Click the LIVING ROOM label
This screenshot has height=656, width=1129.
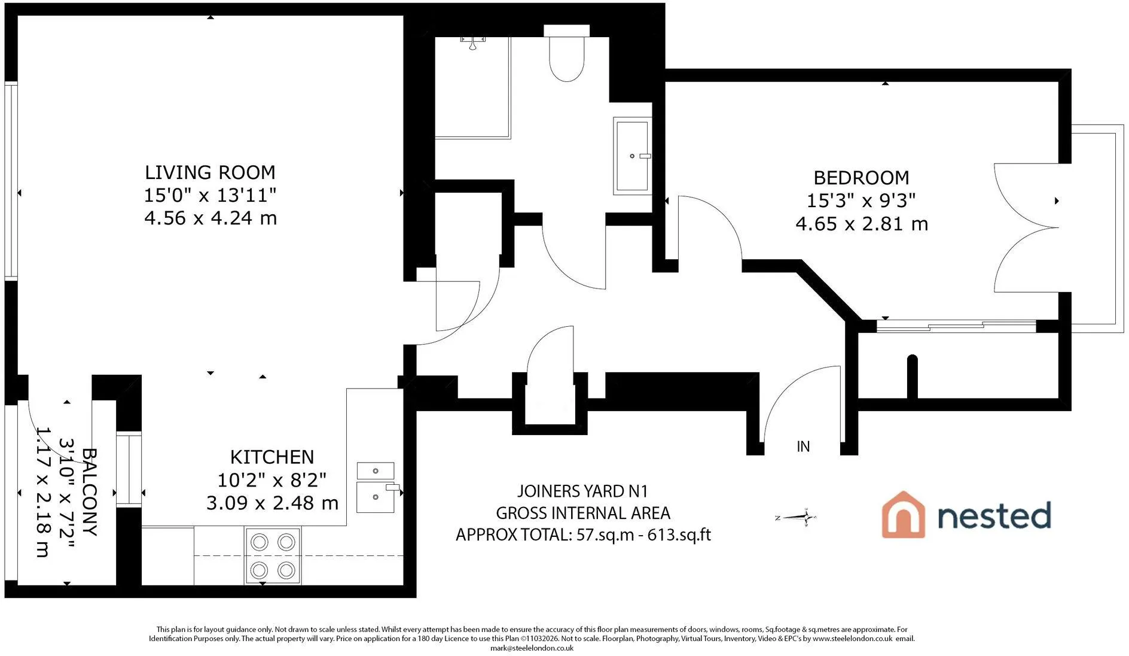210,172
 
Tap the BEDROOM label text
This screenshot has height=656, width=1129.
861,178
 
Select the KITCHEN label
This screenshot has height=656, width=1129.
272,457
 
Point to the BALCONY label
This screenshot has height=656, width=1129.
89,492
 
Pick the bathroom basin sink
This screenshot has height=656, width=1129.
632,156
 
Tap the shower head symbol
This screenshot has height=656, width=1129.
472,42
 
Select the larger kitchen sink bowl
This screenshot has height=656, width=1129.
376,497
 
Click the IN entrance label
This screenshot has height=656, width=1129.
803,447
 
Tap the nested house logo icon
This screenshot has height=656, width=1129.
903,515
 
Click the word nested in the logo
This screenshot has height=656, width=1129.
994,515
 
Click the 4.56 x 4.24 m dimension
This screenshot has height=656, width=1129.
210,218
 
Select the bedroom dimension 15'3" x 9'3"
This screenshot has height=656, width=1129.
861,201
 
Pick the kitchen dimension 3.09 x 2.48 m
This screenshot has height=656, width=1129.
272,503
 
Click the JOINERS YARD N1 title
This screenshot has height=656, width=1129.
582,491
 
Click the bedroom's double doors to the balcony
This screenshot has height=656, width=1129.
1026,228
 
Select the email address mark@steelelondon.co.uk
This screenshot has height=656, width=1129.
532,648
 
